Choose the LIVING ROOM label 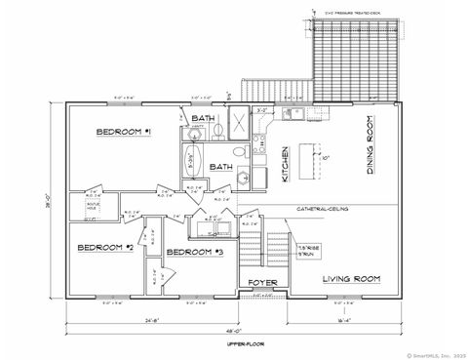click(351, 279)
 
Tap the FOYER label click(263, 283)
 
